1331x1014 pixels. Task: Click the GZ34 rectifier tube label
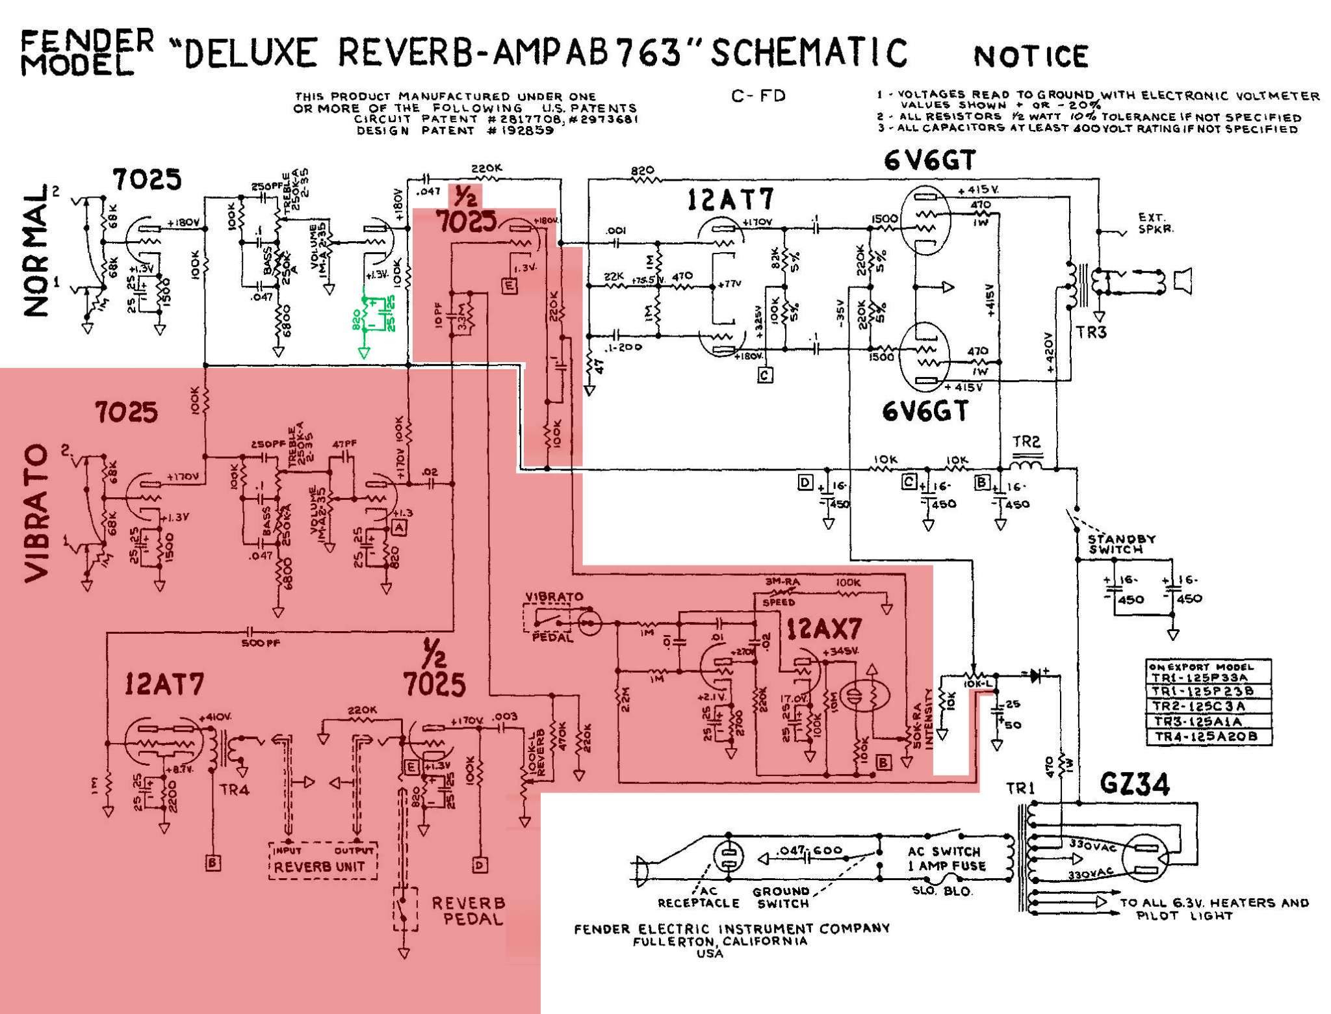(1134, 785)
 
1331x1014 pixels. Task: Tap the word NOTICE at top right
(1031, 57)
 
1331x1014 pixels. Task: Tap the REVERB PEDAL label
(468, 911)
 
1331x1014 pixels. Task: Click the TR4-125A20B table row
(1208, 736)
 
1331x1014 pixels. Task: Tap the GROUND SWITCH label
(781, 897)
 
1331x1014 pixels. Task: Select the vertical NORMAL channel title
(38, 250)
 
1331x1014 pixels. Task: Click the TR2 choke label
(1026, 442)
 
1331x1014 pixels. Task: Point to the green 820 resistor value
(356, 320)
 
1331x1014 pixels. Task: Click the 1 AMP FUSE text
(948, 865)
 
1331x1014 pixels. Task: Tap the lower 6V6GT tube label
(925, 411)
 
